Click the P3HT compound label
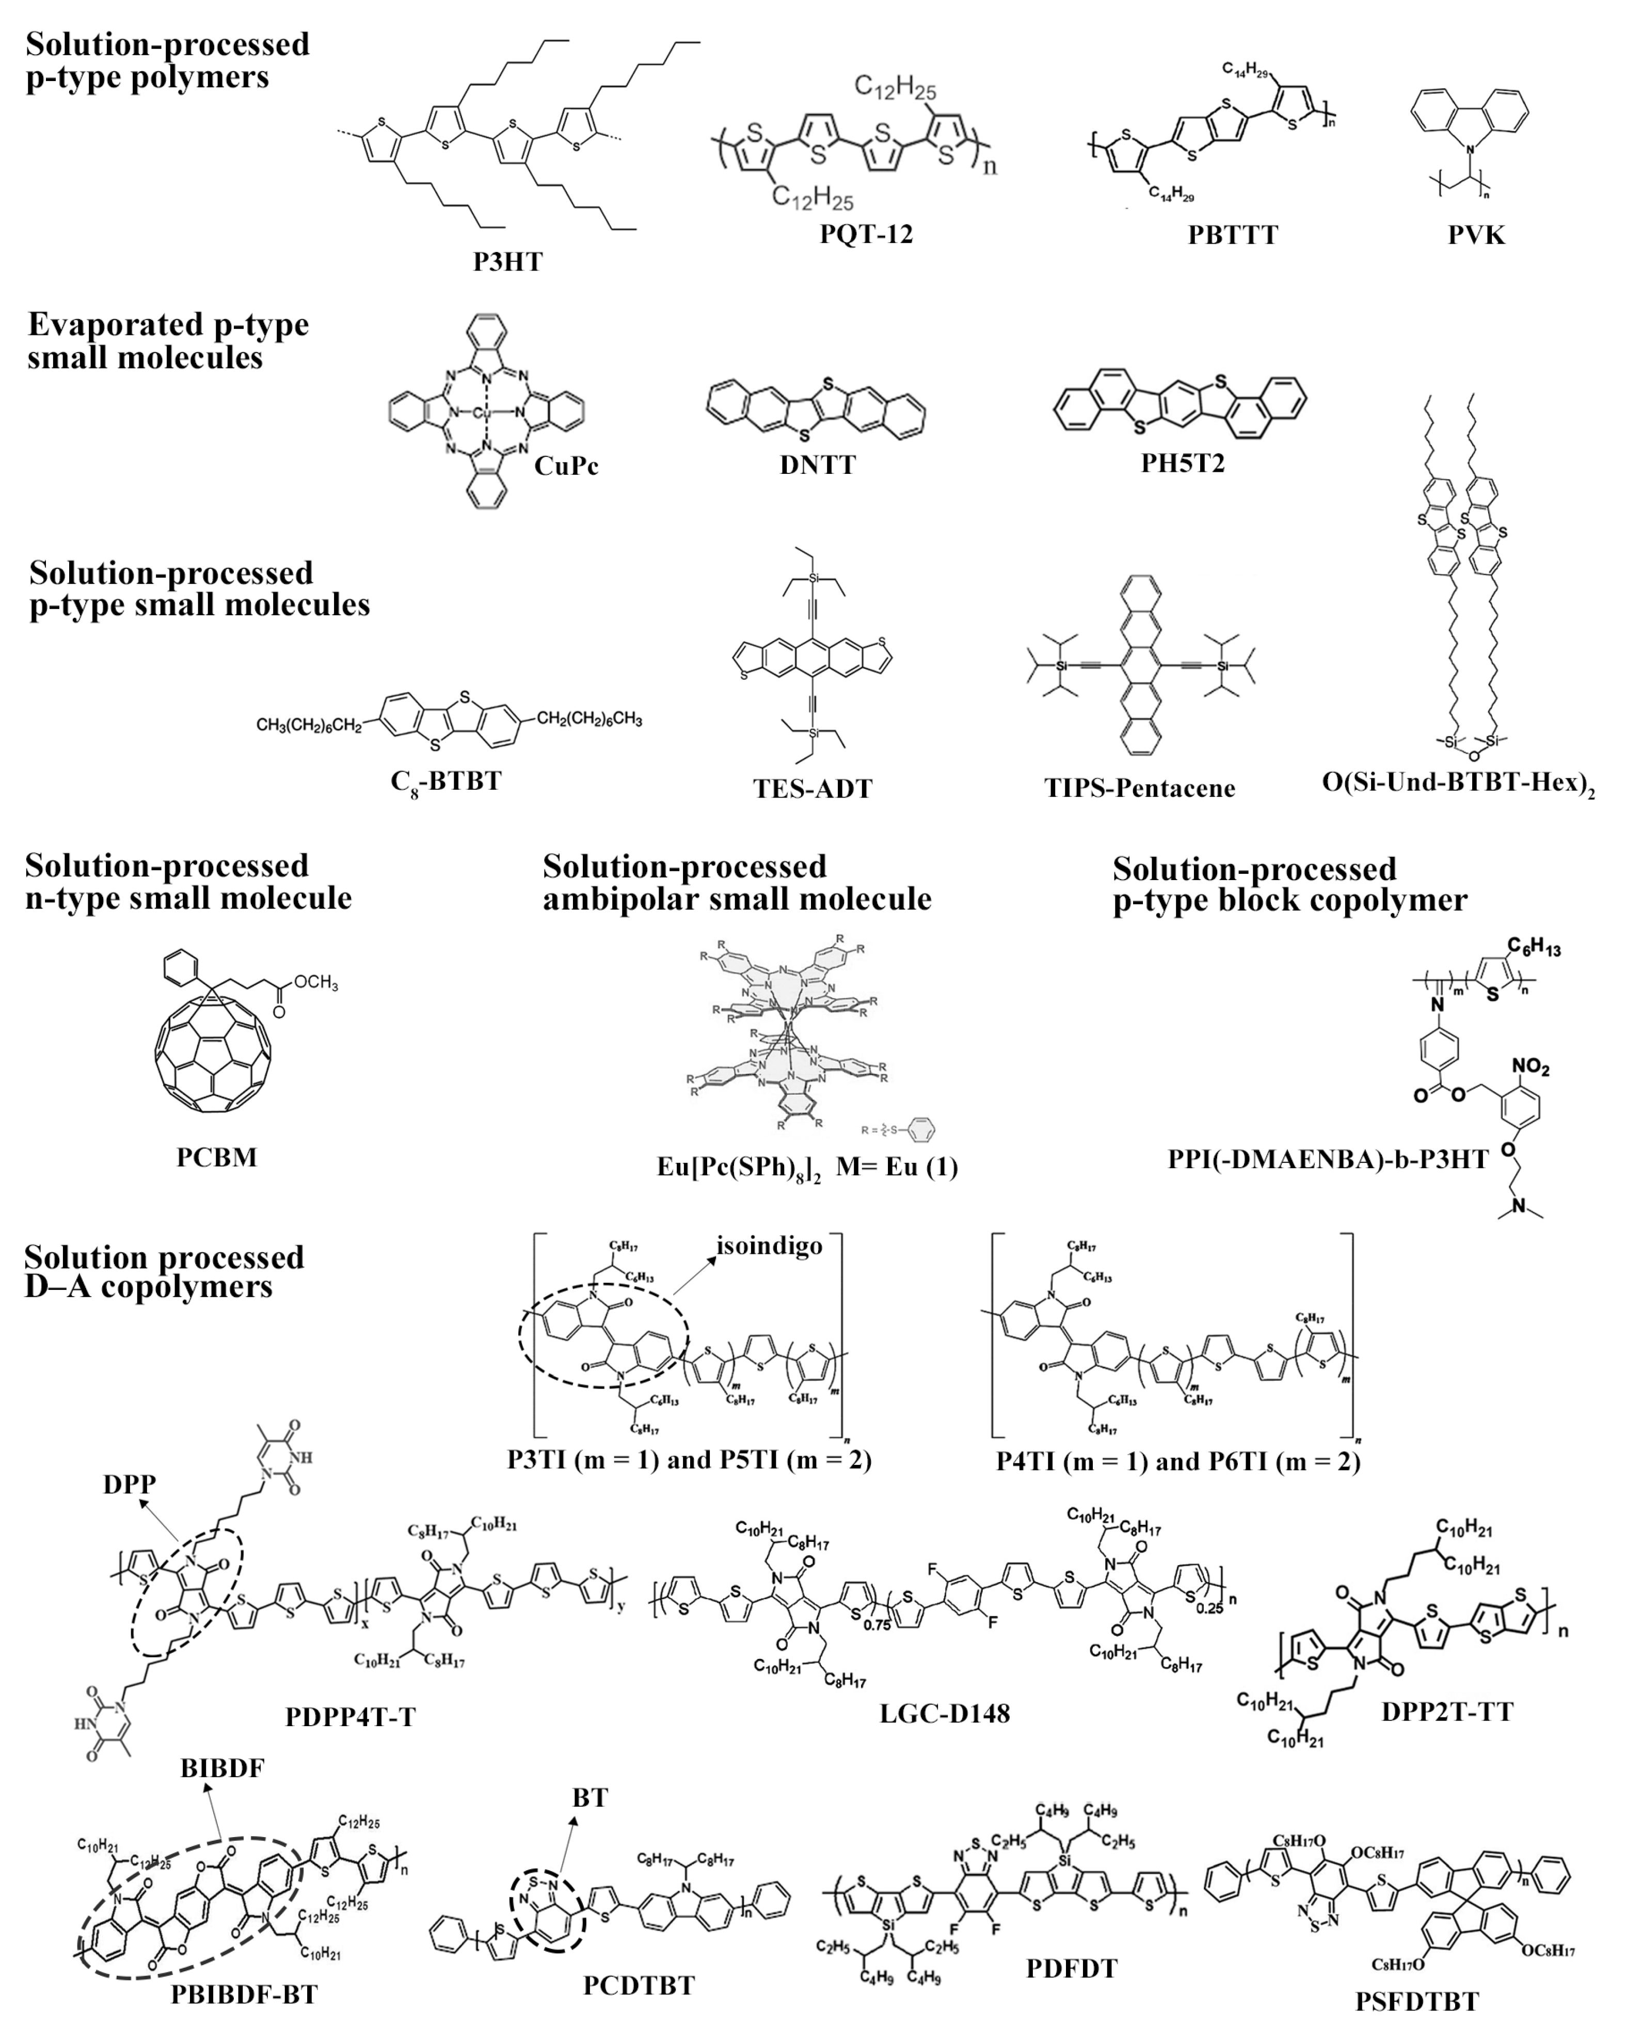coord(508,261)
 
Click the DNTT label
coord(818,465)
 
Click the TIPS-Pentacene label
coord(1139,788)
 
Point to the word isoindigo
coord(769,1245)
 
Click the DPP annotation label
coord(130,1484)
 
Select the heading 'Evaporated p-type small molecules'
coord(168,341)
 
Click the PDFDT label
coord(1071,1968)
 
